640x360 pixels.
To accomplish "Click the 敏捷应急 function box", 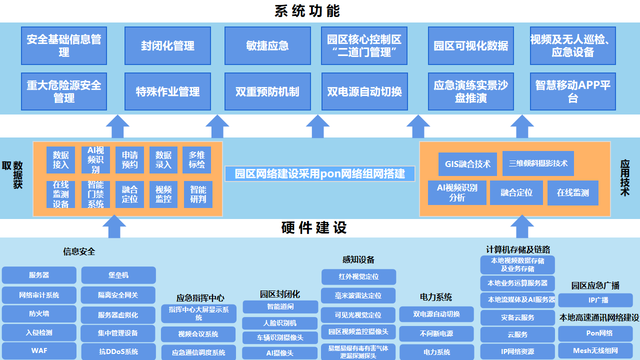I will pos(267,46).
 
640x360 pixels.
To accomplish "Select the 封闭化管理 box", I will pos(167,46).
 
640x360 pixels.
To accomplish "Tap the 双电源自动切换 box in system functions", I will pos(364,91).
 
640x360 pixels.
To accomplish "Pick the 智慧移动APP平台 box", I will pos(572,91).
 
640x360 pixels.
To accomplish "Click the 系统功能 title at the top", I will pos(307,11).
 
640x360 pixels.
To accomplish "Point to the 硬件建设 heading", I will pos(314,228).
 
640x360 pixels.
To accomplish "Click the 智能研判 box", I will pos(198,194).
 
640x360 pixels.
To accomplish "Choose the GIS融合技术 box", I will pos(467,164).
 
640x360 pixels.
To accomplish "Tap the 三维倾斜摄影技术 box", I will pos(538,163).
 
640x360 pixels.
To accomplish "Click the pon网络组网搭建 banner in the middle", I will pos(320,173).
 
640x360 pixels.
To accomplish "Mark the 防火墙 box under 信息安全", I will pos(39,314).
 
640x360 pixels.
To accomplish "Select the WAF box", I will pos(39,350).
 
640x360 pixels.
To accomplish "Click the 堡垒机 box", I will pos(118,275).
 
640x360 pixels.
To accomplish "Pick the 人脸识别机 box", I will pos(280,322).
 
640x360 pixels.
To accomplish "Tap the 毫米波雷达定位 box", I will pos(358,295).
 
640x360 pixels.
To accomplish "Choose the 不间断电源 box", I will pos(436,333).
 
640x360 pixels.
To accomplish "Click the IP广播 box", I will pos(595,300).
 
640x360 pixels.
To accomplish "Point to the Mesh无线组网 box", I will pos(595,350).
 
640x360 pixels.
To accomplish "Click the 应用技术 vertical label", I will pos(624,177).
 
